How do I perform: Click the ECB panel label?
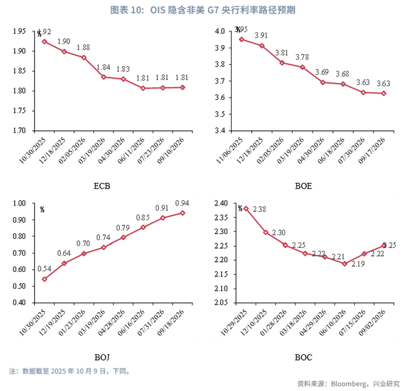(102, 186)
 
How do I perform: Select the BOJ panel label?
(102, 358)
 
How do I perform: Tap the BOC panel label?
(303, 358)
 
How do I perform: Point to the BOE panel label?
(303, 186)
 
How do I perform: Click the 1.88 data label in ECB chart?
(84, 47)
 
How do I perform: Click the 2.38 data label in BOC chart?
(260, 209)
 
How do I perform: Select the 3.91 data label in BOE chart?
(261, 35)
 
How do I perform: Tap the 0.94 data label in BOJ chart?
(182, 202)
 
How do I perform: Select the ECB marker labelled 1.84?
(104, 77)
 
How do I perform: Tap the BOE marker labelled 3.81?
(282, 62)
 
